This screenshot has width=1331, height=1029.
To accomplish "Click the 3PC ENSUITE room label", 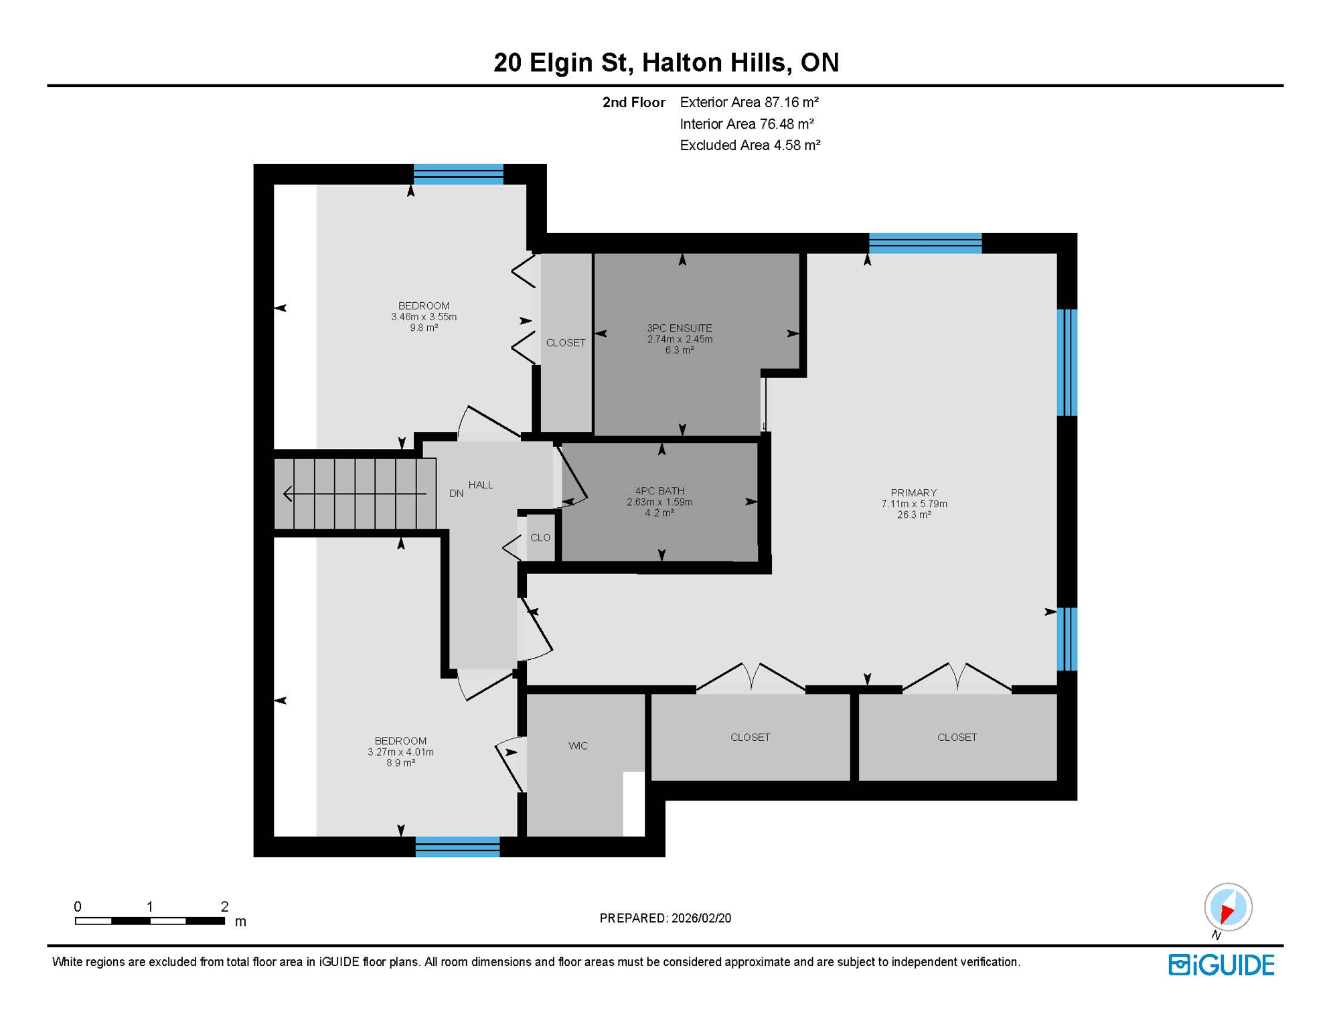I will [679, 328].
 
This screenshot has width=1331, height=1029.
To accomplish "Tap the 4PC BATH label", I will [659, 491].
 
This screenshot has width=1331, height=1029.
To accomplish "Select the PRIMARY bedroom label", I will [913, 493].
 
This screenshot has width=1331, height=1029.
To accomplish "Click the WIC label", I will [578, 746].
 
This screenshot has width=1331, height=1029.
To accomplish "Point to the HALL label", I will [481, 485].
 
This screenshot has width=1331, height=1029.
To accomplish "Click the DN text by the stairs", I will [456, 494].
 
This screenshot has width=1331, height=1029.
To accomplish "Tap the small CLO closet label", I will [540, 538].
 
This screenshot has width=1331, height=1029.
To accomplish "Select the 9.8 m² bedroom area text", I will [424, 328].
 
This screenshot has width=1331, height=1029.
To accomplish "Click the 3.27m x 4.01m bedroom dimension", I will [400, 752].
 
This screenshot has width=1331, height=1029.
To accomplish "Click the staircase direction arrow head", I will [287, 494].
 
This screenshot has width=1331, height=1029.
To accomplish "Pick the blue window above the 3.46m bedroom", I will [458, 174].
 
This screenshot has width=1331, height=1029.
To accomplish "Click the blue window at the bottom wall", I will [457, 847].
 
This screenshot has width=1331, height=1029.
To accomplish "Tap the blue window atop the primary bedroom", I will [925, 243].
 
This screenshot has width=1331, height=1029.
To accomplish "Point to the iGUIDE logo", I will [1221, 965].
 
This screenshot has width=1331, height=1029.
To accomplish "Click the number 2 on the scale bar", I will [224, 906].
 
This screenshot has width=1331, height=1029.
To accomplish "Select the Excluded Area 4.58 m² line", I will [749, 145].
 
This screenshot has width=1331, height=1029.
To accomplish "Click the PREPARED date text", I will [665, 918].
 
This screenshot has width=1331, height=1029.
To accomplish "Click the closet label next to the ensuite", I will [566, 343].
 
